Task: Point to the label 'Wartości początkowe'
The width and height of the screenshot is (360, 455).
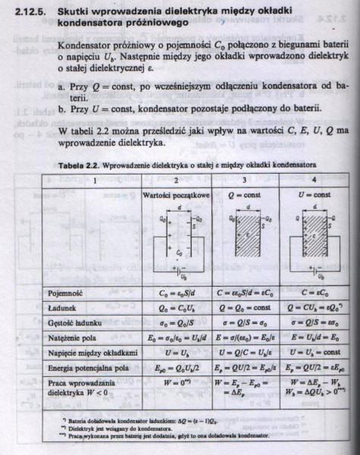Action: click(176, 195)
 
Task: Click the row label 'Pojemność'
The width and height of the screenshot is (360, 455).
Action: click(65, 290)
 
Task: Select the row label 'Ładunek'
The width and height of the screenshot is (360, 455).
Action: click(61, 306)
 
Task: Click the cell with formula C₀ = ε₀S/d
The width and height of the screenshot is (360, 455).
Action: click(176, 290)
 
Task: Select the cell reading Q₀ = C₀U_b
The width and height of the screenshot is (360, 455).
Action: click(176, 306)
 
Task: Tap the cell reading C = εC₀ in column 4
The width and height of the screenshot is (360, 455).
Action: click(315, 290)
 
